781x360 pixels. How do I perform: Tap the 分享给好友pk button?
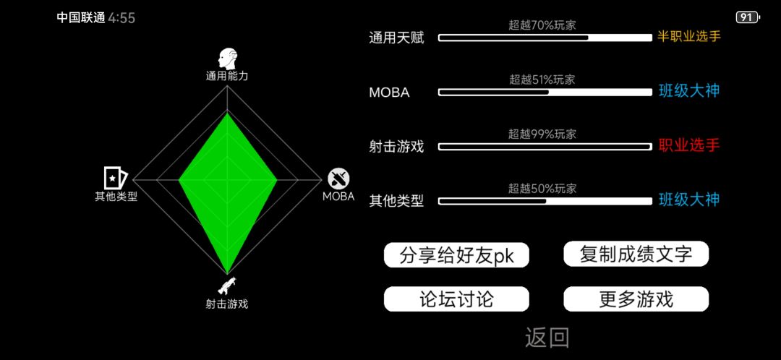click(456, 255)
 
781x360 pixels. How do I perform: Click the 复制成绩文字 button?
click(636, 254)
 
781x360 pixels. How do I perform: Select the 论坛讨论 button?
click(456, 299)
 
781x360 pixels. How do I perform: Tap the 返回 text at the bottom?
click(547, 337)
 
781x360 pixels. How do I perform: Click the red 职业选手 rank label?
click(689, 146)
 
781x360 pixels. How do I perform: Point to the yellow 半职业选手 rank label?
click(689, 36)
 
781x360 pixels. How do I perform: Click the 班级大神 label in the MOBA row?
click(689, 91)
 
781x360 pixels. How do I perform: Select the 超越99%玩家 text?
click(542, 134)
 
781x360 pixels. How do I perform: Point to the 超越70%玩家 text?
click(542, 25)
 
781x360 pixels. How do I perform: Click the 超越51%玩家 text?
click(542, 80)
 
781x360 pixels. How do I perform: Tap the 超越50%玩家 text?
click(542, 189)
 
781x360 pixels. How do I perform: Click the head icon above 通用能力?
click(227, 59)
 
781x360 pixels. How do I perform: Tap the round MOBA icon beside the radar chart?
click(338, 179)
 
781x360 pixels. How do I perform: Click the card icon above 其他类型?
click(116, 178)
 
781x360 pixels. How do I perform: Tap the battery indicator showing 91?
click(748, 18)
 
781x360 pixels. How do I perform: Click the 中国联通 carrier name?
click(81, 18)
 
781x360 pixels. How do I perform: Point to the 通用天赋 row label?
click(396, 38)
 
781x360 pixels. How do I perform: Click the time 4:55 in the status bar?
click(121, 18)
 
